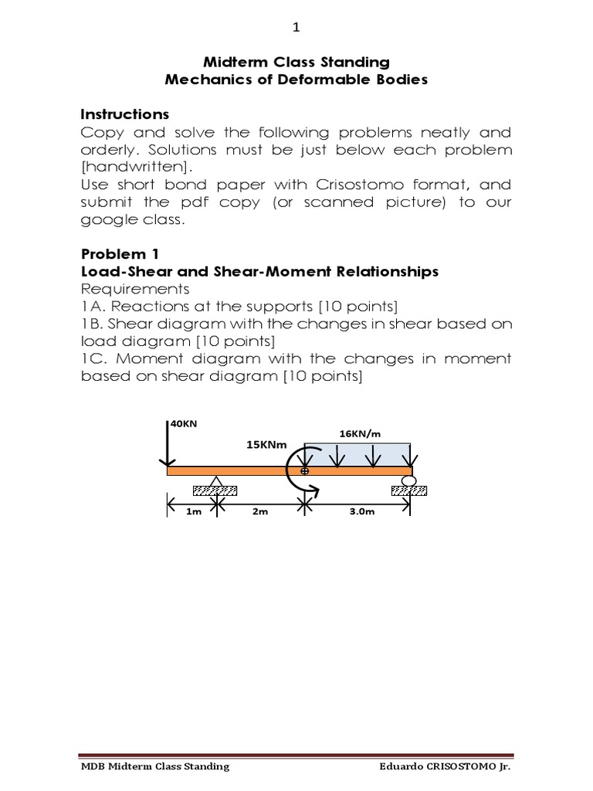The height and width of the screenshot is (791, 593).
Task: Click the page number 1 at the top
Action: tap(296, 28)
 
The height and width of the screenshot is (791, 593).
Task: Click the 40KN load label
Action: tap(184, 423)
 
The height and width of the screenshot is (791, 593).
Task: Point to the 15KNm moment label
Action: tap(266, 445)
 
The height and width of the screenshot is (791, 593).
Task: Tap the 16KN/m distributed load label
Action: tap(361, 433)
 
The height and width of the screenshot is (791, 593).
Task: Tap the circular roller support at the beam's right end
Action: tap(409, 481)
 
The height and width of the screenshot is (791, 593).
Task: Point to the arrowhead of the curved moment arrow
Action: tap(313, 487)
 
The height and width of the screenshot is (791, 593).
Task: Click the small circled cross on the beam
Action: tap(304, 470)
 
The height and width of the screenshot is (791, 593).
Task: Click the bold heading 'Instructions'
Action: tap(125, 114)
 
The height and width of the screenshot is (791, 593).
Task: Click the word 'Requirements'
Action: tap(135, 289)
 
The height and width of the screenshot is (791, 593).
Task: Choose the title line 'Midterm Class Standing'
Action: tap(296, 62)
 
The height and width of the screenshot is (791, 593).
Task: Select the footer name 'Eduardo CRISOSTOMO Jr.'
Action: tap(445, 766)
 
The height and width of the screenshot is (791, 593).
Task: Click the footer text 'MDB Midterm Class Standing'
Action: tap(156, 766)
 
